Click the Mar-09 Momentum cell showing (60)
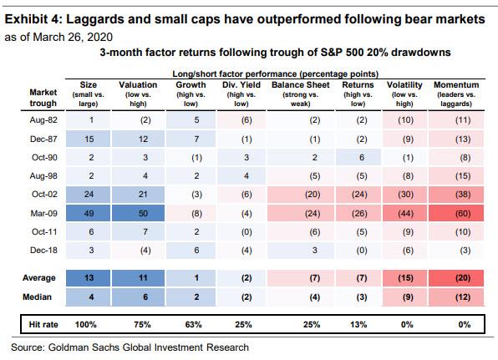point(456,213)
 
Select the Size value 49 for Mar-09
point(89,213)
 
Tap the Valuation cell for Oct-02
point(138,195)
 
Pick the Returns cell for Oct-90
point(358,158)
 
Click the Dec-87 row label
point(43,139)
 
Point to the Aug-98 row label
point(43,176)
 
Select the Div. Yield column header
point(241,94)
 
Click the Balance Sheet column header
point(301,94)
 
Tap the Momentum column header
point(456,94)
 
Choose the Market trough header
point(43,98)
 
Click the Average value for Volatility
point(405,278)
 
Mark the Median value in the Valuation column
point(138,297)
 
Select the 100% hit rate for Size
point(86,324)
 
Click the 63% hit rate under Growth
point(193,324)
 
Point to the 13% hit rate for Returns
point(358,324)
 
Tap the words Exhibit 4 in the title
point(33,19)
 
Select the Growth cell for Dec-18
point(191,250)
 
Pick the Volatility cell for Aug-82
point(405,120)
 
